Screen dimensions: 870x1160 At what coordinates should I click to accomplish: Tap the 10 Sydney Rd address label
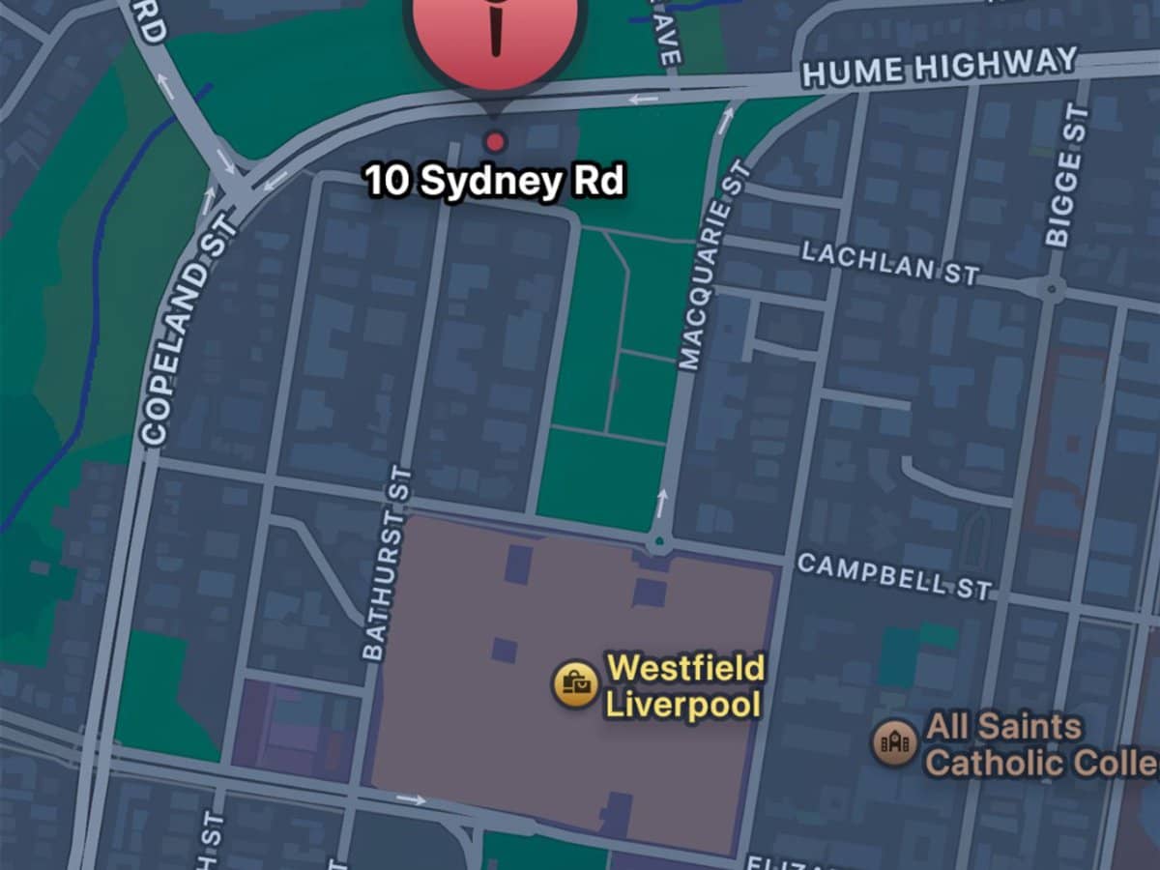click(x=494, y=181)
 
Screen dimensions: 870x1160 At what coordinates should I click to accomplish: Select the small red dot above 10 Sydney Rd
click(x=495, y=142)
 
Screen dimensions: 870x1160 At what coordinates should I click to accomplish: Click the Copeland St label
click(x=188, y=329)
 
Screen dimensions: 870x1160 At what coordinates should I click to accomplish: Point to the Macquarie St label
click(x=713, y=266)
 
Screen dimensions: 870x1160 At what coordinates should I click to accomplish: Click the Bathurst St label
click(x=387, y=563)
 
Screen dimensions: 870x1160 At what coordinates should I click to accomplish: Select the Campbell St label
click(x=894, y=576)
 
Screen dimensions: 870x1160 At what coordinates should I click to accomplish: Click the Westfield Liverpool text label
click(x=684, y=685)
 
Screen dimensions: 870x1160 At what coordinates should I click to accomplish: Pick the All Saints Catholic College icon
click(x=894, y=742)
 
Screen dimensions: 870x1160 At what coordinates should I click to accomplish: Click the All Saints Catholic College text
click(x=1039, y=744)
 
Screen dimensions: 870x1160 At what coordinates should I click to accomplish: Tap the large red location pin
click(x=496, y=29)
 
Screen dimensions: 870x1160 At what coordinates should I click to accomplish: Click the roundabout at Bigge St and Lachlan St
click(x=1051, y=287)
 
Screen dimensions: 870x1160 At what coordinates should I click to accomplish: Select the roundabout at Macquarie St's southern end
click(x=660, y=542)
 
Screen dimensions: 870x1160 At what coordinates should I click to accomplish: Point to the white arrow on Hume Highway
click(x=643, y=98)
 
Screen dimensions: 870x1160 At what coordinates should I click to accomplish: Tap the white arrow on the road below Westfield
click(x=411, y=799)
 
